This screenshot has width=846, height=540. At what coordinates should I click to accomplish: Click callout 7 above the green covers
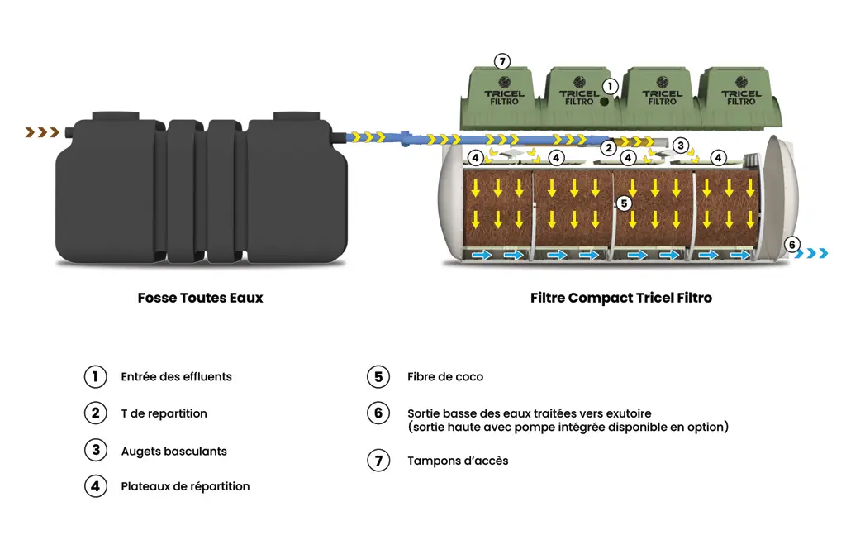point(501,62)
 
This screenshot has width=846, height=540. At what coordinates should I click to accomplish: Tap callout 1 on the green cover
point(610,86)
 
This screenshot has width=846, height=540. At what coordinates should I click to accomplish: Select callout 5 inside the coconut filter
point(624,202)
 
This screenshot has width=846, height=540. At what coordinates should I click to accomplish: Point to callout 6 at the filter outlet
point(791,245)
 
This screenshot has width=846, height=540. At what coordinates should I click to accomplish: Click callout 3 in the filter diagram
point(680,146)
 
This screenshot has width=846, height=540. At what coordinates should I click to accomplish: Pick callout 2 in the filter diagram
point(609,148)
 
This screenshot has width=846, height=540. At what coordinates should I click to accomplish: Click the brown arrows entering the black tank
point(42,132)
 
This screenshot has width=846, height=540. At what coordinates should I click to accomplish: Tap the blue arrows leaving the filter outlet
point(816,253)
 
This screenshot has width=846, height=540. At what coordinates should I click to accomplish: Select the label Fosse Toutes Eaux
point(200,298)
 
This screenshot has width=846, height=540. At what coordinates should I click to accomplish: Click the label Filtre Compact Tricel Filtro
point(620,298)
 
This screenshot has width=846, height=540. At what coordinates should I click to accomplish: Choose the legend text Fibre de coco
point(445,377)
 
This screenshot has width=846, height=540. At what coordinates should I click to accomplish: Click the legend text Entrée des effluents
point(176,377)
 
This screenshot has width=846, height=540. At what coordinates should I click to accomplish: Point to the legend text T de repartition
point(164,413)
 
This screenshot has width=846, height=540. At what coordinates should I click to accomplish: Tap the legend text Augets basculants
point(173,452)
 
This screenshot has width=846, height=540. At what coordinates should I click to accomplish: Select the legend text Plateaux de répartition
point(185,486)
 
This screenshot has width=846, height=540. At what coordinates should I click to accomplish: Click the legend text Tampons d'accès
point(458,461)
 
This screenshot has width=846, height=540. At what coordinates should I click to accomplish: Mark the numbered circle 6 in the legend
point(378,413)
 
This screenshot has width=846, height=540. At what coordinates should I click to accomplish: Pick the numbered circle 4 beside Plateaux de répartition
point(96,486)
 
